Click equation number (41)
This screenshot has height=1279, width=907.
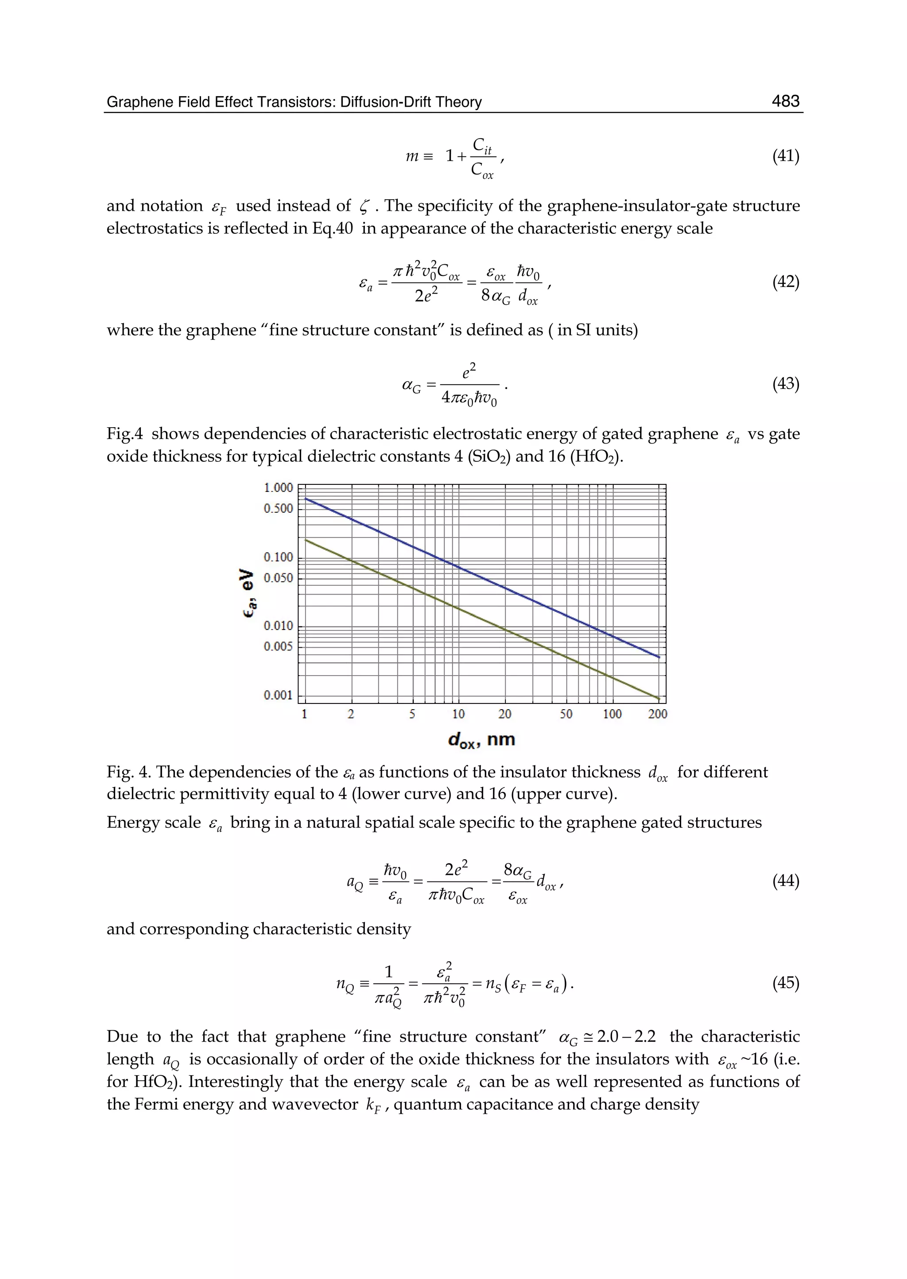tap(785, 156)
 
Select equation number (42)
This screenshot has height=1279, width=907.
tap(785, 282)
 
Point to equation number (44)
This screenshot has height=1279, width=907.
tap(785, 881)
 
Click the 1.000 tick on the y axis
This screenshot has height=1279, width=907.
tap(278, 488)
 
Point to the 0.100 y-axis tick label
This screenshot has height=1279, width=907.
tap(278, 557)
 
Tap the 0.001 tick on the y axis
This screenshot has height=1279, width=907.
tap(278, 695)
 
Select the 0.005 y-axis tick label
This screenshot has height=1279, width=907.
tap(278, 646)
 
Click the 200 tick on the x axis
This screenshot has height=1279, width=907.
tap(657, 714)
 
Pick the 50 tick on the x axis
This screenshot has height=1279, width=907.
tap(566, 714)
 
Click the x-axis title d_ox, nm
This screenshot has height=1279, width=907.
tap(481, 740)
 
